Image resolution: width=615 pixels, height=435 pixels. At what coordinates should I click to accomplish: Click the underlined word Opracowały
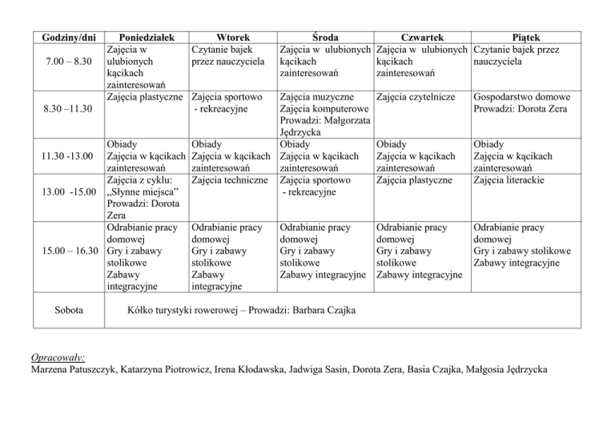58,357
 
